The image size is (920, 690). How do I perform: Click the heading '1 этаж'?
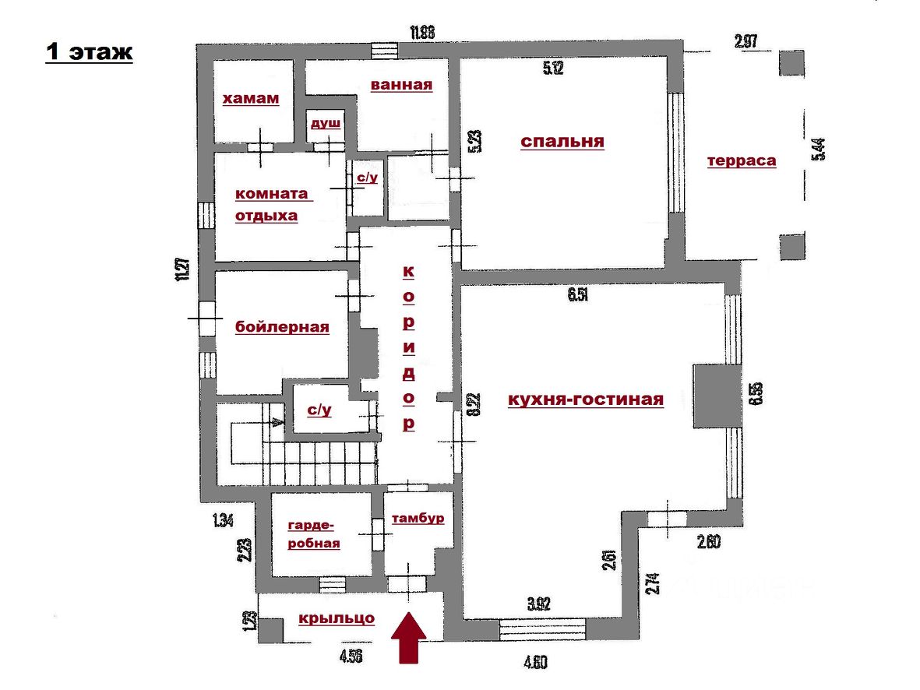89,52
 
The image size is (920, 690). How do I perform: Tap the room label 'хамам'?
251,99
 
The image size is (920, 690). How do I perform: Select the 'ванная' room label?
401,84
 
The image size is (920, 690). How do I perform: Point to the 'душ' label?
326,123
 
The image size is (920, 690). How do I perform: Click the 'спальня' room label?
562,141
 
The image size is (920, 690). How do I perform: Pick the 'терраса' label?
742,160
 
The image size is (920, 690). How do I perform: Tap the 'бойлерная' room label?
282,327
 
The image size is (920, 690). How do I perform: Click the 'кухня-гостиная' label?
586,400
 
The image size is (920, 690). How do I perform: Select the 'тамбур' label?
418,518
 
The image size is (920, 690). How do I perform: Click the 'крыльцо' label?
337,618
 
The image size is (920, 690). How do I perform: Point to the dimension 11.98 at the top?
421,32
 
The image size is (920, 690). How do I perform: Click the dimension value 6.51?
577,294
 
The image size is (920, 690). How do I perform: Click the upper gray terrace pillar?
792,63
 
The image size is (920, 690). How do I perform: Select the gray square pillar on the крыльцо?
270,629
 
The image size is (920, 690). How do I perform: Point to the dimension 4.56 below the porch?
351,656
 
